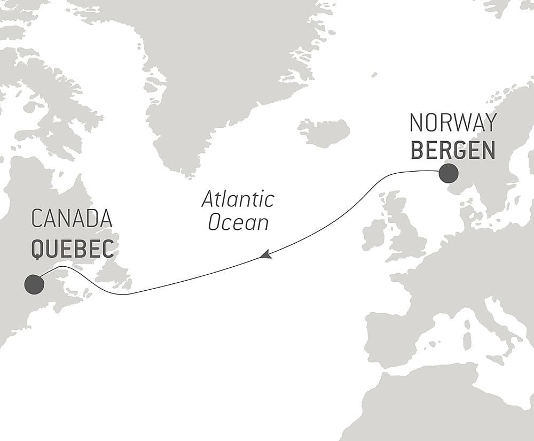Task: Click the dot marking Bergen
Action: tap(449, 173)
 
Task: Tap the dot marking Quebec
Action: tap(34, 284)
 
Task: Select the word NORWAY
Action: tap(453, 123)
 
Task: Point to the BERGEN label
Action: tap(453, 151)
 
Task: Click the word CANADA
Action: tap(72, 219)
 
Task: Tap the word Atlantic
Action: tap(238, 199)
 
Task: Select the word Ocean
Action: tap(238, 222)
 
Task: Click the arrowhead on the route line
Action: tap(265, 255)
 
